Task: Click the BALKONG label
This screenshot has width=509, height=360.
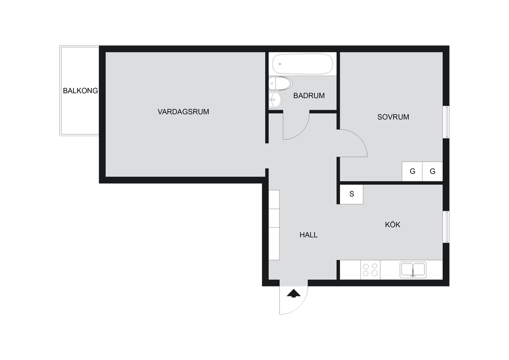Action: [80, 91]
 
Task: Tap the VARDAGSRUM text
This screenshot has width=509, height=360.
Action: [183, 112]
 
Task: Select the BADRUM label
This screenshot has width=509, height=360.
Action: [309, 96]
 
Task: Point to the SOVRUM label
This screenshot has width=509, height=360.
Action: [393, 117]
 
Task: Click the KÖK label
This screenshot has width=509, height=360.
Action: [393, 224]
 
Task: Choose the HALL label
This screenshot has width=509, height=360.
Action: [308, 235]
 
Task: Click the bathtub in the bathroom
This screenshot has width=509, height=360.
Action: [303, 64]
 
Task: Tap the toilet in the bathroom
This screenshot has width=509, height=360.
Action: [280, 84]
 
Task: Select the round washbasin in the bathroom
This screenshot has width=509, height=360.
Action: [275, 99]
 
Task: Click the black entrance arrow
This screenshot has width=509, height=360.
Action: [294, 293]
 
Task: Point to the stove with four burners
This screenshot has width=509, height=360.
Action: [370, 270]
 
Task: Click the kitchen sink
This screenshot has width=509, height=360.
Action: [413, 270]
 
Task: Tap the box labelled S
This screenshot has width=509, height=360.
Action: [351, 194]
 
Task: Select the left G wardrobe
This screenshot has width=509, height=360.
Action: [412, 171]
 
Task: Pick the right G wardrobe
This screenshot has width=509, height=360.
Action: [432, 171]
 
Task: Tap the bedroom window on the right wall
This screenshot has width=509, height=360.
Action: [446, 122]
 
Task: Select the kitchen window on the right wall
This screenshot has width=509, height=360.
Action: [446, 227]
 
